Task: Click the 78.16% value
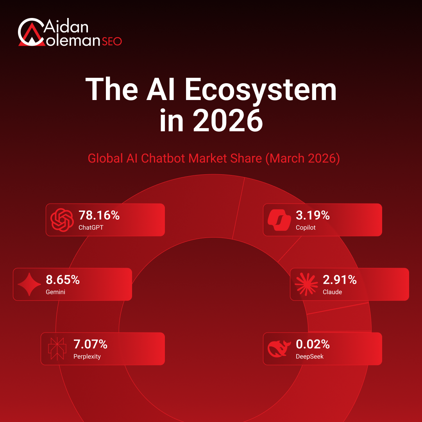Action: pyautogui.click(x=99, y=215)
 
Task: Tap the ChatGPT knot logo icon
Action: pyautogui.click(x=62, y=220)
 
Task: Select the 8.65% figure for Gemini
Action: pyautogui.click(x=63, y=280)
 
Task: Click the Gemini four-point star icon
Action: pyautogui.click(x=29, y=284)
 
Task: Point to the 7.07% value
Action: pyautogui.click(x=90, y=344)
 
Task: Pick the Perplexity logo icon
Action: pyautogui.click(x=57, y=349)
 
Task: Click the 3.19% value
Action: pyautogui.click(x=313, y=215)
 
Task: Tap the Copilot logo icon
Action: pyautogui.click(x=279, y=220)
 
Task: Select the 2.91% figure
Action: pyautogui.click(x=340, y=280)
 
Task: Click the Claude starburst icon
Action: pyautogui.click(x=306, y=284)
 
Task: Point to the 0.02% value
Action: pyautogui.click(x=313, y=344)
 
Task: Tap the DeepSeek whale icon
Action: pyautogui.click(x=279, y=349)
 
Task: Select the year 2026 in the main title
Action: pyautogui.click(x=228, y=121)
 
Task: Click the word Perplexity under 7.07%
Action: pyautogui.click(x=87, y=357)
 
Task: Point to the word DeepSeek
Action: pyautogui.click(x=309, y=357)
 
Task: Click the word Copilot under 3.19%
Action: pyautogui.click(x=306, y=228)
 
